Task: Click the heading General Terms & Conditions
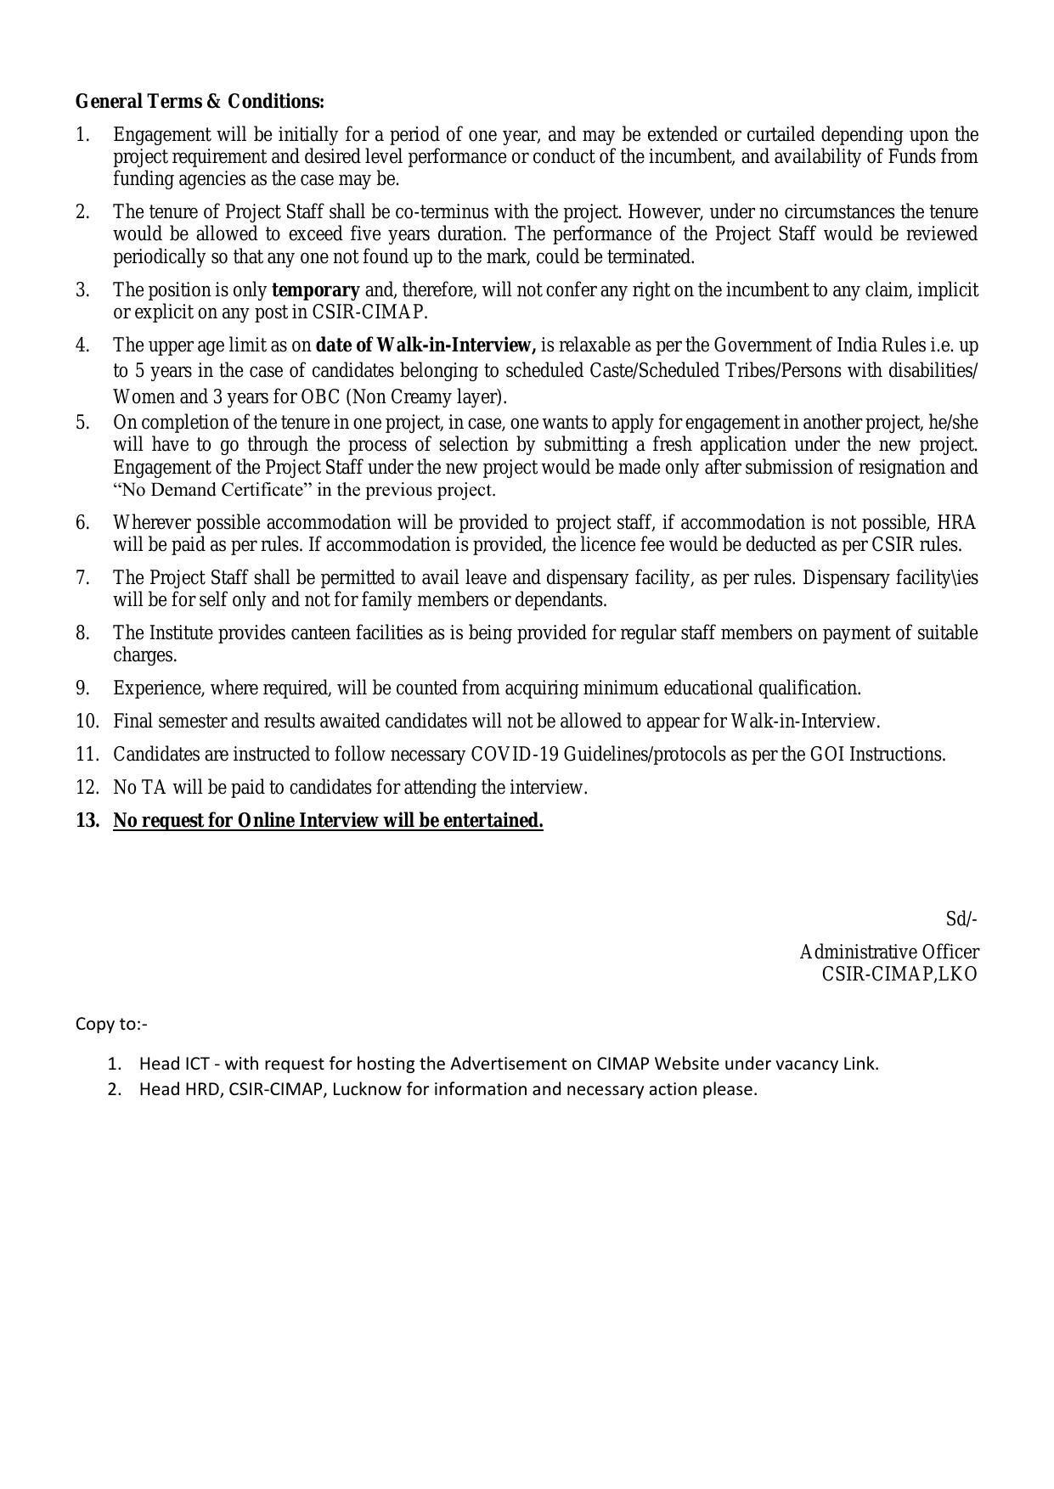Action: point(200,102)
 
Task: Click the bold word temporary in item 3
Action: point(315,290)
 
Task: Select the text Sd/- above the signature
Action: point(961,919)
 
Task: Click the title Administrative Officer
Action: point(888,952)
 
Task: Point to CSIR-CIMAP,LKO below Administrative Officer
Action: point(899,975)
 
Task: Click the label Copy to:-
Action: point(111,1024)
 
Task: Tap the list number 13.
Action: point(87,821)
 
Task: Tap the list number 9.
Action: point(82,688)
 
